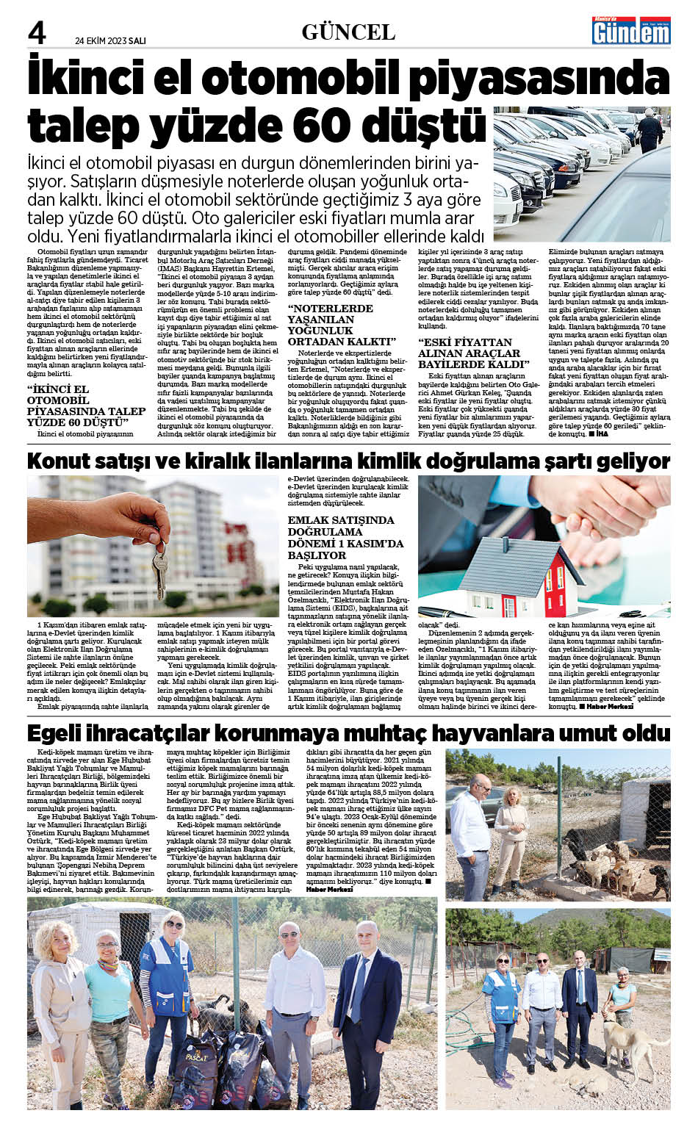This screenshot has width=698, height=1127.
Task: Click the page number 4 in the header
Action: pyautogui.click(x=37, y=33)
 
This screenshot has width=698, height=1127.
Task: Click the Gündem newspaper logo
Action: pyautogui.click(x=631, y=32)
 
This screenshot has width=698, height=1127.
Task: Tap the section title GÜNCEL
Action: pyautogui.click(x=348, y=32)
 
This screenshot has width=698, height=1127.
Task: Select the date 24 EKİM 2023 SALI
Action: pyautogui.click(x=110, y=41)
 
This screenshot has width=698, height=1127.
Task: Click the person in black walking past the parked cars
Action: pyautogui.click(x=650, y=129)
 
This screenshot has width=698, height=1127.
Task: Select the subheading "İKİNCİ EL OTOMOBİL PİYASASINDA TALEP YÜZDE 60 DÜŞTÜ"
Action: pyautogui.click(x=86, y=406)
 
